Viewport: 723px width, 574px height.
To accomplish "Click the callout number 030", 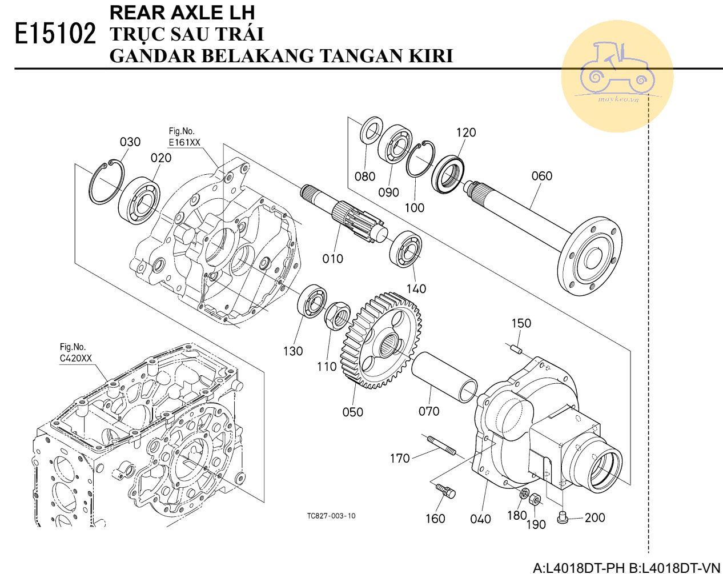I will (x=130, y=142).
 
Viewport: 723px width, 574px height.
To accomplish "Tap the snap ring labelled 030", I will (x=106, y=183).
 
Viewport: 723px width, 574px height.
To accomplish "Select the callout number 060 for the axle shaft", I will (x=541, y=175).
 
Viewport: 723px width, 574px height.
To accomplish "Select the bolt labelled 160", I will (x=445, y=491).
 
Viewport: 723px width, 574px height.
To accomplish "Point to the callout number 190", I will (x=536, y=524).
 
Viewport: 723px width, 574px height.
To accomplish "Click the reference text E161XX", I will (x=184, y=142).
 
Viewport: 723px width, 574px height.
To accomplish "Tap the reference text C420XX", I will (x=75, y=358).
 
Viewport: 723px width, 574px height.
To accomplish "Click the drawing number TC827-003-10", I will (x=331, y=516).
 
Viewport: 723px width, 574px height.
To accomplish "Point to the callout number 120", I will (x=465, y=133).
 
